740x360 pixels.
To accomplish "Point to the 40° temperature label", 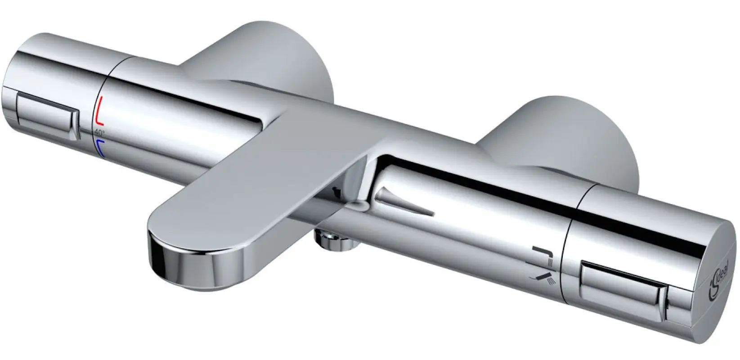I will [x=99, y=132].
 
